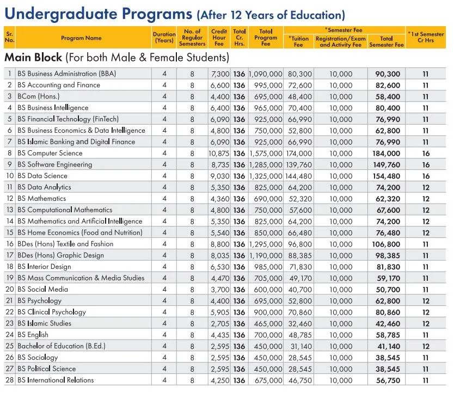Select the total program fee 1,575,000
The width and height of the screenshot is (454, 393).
tap(266, 153)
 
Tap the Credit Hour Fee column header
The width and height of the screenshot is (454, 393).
tap(219, 38)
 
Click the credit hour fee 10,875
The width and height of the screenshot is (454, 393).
tap(219, 153)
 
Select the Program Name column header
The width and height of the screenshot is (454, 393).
tap(81, 38)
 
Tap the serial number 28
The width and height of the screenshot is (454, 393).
tap(9, 380)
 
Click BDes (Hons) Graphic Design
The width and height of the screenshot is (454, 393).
tap(60, 255)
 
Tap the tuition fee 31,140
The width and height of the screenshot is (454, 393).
tap(299, 346)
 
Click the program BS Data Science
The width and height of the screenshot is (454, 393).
tap(42, 176)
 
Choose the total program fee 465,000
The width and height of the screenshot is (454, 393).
tap(267, 323)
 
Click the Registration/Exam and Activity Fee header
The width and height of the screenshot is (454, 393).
tap(340, 42)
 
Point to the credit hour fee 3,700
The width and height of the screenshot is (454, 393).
tap(220, 290)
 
